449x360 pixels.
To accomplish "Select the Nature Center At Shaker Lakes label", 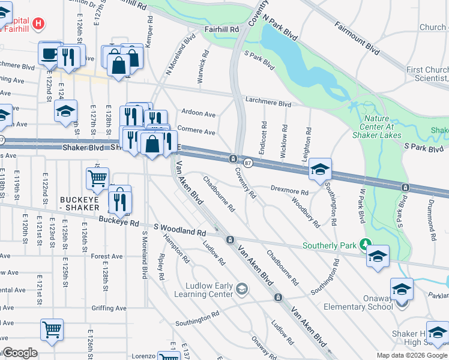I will click(385, 121).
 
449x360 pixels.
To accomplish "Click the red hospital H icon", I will click(38, 23).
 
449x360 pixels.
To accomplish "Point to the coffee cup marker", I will click(49, 54).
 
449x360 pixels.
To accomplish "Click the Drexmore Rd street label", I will click(289, 191).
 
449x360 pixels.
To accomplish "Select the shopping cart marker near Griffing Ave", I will click(52, 329).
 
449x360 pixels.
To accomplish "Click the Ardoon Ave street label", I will click(199, 113).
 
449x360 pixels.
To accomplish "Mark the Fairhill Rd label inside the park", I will click(222, 29).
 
